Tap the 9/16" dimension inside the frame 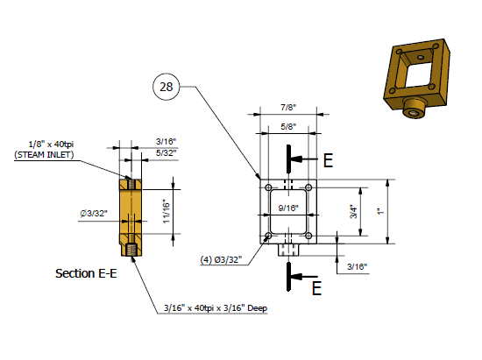(288, 208)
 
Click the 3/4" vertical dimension (354, 211)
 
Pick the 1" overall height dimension (379, 211)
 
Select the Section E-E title (86, 273)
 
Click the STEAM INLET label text (45, 155)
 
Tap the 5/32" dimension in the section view (167, 152)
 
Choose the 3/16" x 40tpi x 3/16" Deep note (215, 308)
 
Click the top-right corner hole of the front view (309, 187)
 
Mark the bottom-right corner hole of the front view (309, 236)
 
